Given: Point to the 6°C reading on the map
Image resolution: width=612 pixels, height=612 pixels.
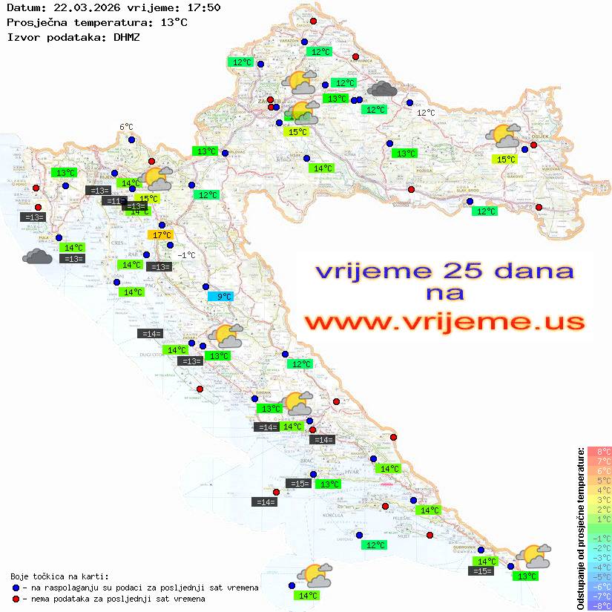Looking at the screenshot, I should pos(126,127).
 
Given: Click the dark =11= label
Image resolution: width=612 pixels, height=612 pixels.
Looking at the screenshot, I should pos(113,201).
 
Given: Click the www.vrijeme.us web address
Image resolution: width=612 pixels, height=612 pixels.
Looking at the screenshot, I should pos(444,322).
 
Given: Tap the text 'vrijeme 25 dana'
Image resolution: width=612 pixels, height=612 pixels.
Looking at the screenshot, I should pos(444,271).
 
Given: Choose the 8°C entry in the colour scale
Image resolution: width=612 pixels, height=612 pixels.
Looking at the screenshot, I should pos(600,451).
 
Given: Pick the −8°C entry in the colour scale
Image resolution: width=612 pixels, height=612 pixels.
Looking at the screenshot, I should pos(600,605).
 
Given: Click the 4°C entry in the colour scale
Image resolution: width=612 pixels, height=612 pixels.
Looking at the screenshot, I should pos(600,490).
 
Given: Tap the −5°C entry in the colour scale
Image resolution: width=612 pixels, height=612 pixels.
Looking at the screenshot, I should pos(600,576).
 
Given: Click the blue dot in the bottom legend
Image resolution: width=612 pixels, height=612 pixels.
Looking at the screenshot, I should pos(16,588).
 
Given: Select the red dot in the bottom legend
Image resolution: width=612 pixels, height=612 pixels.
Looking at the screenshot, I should pos(16,599).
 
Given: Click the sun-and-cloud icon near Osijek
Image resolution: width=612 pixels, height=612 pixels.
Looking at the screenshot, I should pos(504,136).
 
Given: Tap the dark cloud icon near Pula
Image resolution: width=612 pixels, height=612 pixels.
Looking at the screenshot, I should pos(37,257).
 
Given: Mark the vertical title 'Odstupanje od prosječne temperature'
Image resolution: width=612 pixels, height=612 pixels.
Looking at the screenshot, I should pos(580,528).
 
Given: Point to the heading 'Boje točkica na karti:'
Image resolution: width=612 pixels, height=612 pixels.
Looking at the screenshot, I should pos(59,576).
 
